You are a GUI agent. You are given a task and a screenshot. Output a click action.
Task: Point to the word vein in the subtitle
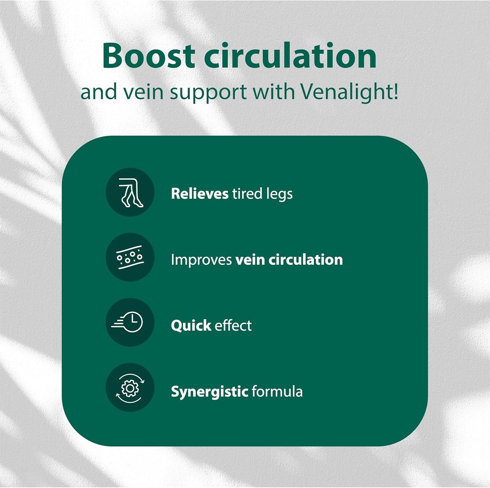coord(145,92)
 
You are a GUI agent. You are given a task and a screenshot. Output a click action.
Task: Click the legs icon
coord(130,193)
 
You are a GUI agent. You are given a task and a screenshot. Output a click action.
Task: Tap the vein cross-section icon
coord(130,259)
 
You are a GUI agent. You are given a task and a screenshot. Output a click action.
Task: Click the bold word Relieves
coord(200,194)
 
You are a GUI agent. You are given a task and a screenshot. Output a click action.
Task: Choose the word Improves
coord(201,260)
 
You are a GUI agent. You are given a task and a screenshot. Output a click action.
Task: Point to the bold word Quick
coord(191,326)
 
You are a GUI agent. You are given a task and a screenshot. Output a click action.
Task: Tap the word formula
coord(277,391)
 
